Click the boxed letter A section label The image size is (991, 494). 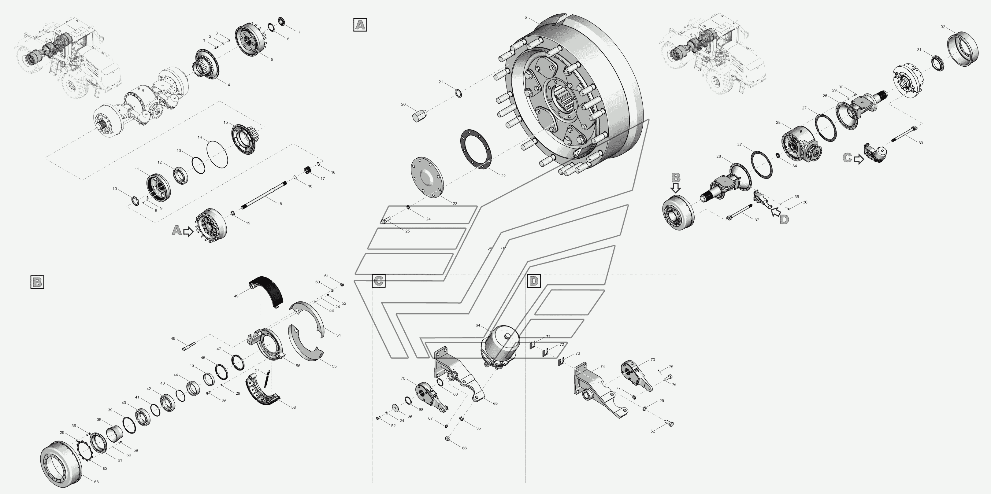click(360, 24)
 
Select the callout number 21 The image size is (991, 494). click(441, 82)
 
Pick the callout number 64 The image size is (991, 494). click(478, 325)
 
